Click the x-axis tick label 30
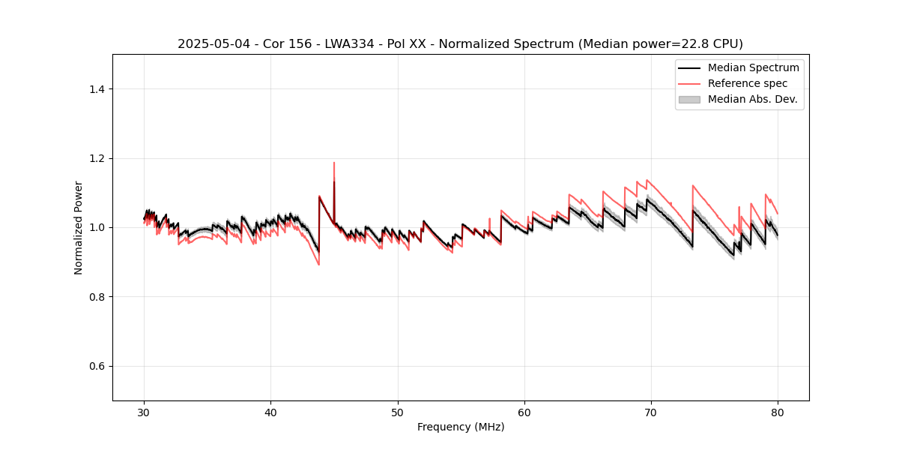click(x=145, y=412)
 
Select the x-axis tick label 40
click(x=271, y=412)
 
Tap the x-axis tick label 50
click(x=398, y=412)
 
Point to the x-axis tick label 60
click(x=524, y=412)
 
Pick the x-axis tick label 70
click(x=651, y=412)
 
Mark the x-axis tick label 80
click(x=778, y=412)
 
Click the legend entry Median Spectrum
click(x=753, y=67)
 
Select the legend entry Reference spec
click(x=747, y=83)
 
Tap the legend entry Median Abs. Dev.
click(x=752, y=99)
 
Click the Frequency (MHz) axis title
click(x=461, y=427)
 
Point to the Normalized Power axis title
click(x=79, y=227)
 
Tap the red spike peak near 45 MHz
click(x=334, y=163)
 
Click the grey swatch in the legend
click(x=689, y=99)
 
